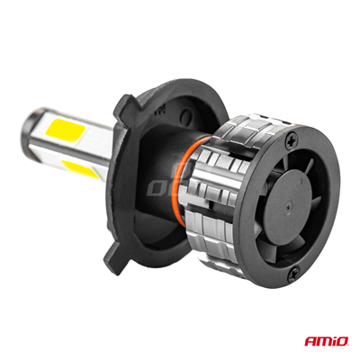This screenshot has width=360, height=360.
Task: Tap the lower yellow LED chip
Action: pos(80,174)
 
